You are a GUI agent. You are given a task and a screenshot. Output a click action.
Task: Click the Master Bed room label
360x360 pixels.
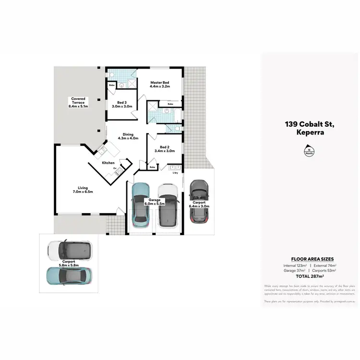pyautogui.click(x=160, y=84)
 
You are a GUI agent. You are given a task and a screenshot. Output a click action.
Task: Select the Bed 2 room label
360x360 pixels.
pyautogui.click(x=165, y=149)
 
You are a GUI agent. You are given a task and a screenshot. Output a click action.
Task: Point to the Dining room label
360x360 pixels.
pyautogui.click(x=128, y=136)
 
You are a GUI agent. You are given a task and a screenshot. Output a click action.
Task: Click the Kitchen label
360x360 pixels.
pyautogui.click(x=108, y=163)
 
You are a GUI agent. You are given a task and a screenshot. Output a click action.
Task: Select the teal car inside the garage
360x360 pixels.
pyautogui.click(x=140, y=204)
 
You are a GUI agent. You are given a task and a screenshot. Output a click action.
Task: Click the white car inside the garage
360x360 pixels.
pyautogui.click(x=168, y=204)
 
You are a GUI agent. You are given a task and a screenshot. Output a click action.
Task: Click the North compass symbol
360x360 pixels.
pyautogui.click(x=307, y=152)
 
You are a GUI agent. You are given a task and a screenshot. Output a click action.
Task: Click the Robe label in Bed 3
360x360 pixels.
pyautogui.click(x=111, y=85)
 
